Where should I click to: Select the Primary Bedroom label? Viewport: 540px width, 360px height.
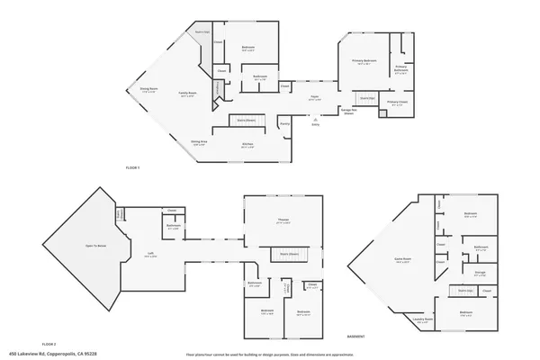tap(364, 62)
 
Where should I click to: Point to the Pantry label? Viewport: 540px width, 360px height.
tap(284, 123)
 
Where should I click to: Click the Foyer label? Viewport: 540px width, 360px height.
tap(315, 97)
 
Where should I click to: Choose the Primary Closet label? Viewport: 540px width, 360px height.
tap(397, 103)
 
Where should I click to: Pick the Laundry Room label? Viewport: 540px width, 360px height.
tap(423, 319)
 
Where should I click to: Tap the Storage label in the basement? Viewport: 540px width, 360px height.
tap(480, 271)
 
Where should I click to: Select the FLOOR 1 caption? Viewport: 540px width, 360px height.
tap(132, 168)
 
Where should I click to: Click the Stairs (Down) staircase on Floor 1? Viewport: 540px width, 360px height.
tap(246, 120)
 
